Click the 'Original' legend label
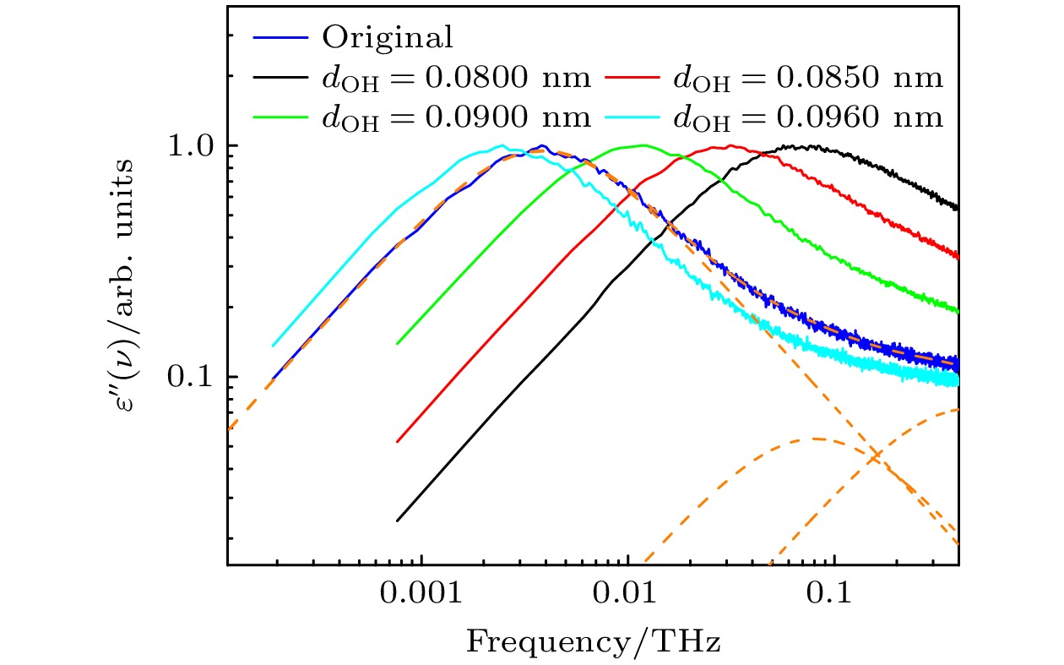[388, 37]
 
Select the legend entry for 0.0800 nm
[456, 78]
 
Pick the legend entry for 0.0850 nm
[807, 78]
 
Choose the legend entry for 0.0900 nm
[456, 117]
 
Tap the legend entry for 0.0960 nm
[807, 117]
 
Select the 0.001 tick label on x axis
[421, 594]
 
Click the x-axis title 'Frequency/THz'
[593, 643]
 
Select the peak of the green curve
[643, 145]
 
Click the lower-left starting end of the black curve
[397, 521]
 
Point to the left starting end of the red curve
[397, 441]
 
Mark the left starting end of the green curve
[397, 343]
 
